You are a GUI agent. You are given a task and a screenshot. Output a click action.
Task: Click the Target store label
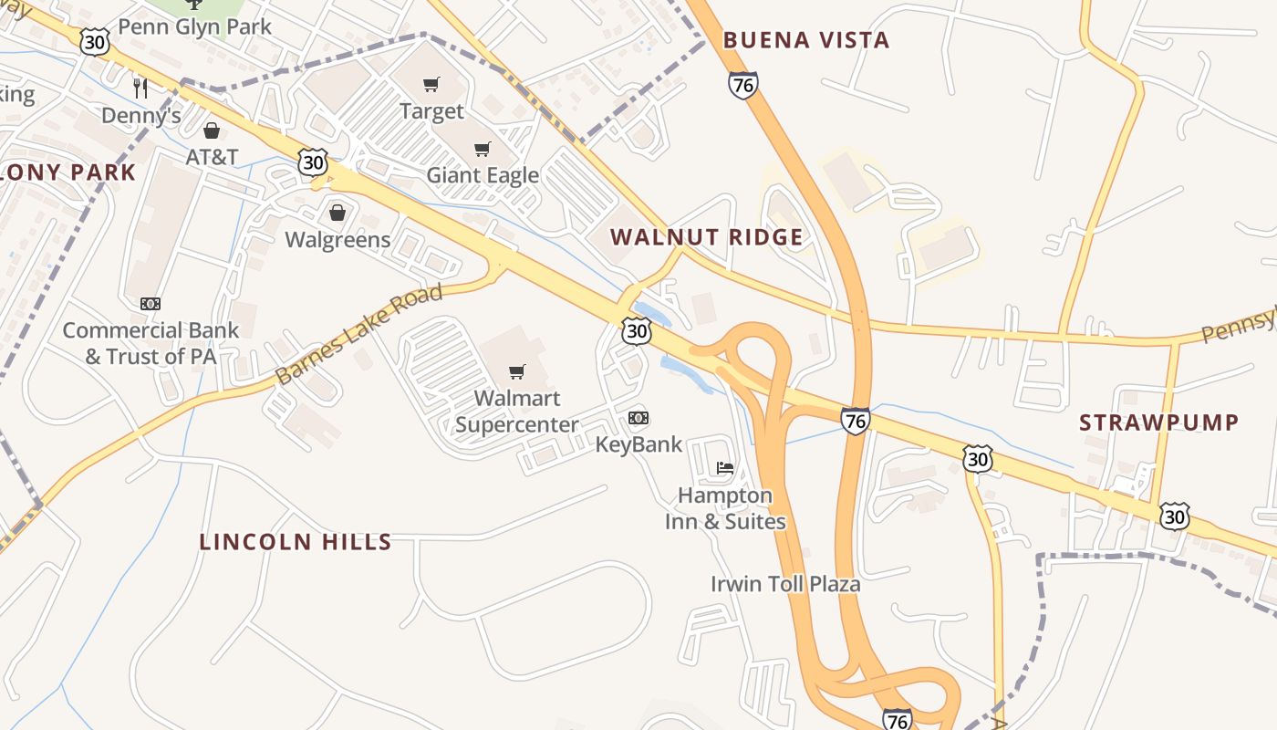click(x=431, y=111)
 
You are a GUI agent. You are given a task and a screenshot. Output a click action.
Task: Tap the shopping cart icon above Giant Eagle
click(x=482, y=149)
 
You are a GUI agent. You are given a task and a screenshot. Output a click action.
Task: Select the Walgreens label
click(x=337, y=240)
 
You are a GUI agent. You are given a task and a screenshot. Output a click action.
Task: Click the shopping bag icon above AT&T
click(x=212, y=130)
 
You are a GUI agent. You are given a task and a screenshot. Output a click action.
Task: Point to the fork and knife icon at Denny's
click(x=140, y=88)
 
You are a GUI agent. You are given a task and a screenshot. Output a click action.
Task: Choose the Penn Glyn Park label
click(x=195, y=26)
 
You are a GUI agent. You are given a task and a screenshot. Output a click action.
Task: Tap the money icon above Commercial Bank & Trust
click(x=151, y=304)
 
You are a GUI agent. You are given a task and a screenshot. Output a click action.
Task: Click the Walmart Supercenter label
click(x=516, y=412)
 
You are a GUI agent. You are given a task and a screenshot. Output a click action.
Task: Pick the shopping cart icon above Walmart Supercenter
click(x=517, y=371)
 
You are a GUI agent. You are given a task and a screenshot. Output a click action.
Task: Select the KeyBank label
click(x=638, y=444)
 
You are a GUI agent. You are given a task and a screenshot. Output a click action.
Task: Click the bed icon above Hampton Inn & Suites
click(x=725, y=468)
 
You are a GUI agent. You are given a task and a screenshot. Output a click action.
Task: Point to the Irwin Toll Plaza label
click(x=785, y=583)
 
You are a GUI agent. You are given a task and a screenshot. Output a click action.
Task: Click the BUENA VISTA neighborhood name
click(x=805, y=40)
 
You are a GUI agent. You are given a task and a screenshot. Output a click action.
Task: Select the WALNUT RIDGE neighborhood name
click(x=707, y=237)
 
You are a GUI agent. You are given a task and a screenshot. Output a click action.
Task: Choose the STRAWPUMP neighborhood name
click(x=1158, y=422)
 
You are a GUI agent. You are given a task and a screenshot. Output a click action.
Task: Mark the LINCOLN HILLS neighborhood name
click(x=296, y=542)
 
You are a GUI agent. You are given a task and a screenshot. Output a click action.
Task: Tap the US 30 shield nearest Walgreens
click(x=313, y=162)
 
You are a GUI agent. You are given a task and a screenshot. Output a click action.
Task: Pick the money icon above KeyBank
click(x=638, y=418)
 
